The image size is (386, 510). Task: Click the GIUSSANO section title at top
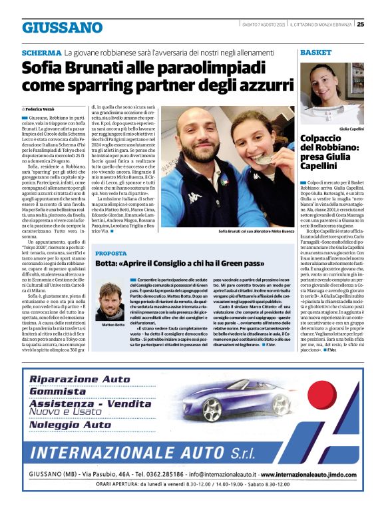(63, 27)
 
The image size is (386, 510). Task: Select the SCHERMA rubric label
(41, 52)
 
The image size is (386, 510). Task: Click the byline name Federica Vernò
(43, 107)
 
